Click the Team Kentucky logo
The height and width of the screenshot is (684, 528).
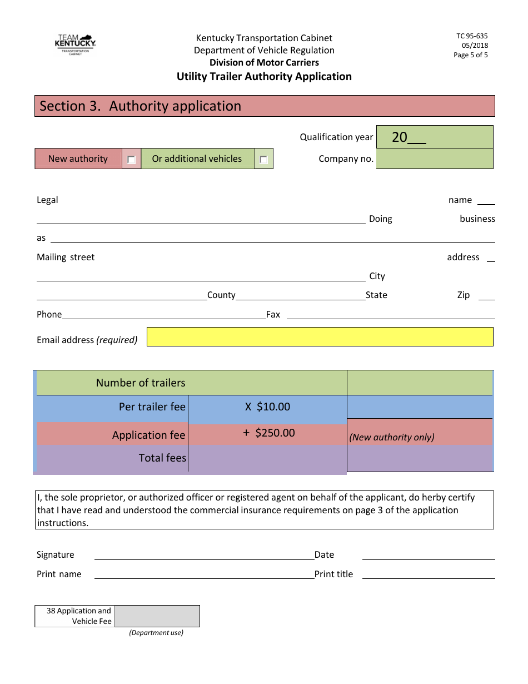click(75, 44)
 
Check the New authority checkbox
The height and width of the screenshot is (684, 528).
click(131, 160)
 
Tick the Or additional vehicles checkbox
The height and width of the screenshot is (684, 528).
click(263, 160)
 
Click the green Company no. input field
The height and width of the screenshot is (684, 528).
click(435, 159)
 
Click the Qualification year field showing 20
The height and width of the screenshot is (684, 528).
click(435, 137)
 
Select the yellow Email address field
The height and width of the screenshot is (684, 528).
click(320, 337)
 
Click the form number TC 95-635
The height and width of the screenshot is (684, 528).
click(472, 36)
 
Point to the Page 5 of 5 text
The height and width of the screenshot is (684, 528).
click(471, 55)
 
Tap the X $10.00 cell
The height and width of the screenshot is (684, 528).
click(267, 407)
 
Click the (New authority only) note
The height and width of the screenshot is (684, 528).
click(392, 437)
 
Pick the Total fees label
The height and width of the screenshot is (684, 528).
click(162, 458)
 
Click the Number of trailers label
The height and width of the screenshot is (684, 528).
click(141, 383)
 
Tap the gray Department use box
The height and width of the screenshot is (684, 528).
click(157, 616)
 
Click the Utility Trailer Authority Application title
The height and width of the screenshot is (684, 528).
click(264, 77)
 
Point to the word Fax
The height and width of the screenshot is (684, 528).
click(273, 315)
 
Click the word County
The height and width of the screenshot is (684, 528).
click(221, 295)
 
